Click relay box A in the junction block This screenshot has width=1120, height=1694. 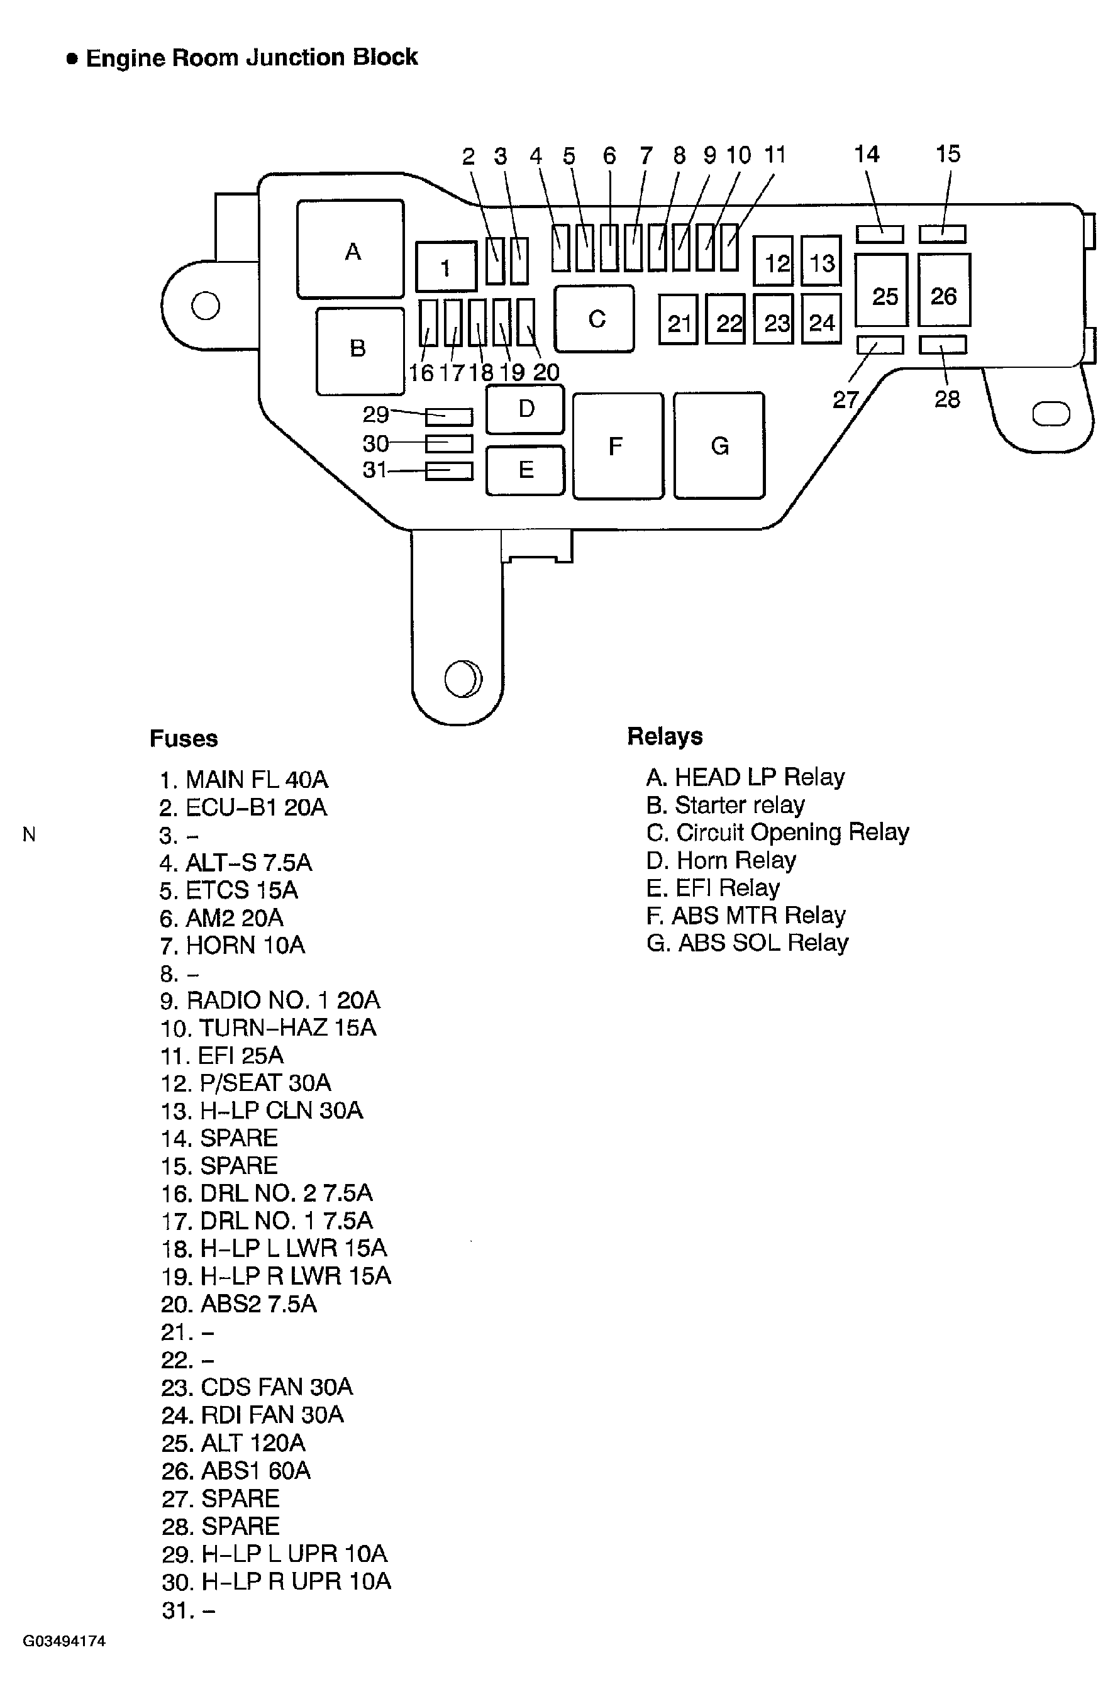tap(350, 248)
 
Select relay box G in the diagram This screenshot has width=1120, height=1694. tap(719, 445)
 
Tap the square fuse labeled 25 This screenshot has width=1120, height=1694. tap(882, 290)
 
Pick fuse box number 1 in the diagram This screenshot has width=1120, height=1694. tap(446, 267)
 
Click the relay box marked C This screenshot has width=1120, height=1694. tap(594, 319)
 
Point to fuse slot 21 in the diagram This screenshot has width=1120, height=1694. tap(678, 319)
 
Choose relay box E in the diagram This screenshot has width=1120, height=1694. tap(525, 470)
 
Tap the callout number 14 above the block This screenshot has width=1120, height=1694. tap(867, 153)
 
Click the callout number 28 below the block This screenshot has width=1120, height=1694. tap(947, 399)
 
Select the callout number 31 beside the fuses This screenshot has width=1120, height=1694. tap(375, 470)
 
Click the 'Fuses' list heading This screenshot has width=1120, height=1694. tap(184, 738)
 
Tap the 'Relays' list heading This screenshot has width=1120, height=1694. tap(664, 736)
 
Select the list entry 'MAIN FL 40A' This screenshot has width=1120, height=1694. tap(243, 779)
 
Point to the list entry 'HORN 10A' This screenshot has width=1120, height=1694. tap(233, 946)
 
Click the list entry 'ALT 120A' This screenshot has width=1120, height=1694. tap(233, 1443)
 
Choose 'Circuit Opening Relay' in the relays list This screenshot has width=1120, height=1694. tap(777, 833)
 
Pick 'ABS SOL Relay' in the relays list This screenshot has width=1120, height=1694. tap(747, 943)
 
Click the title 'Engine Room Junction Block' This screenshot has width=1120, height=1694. tap(252, 58)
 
